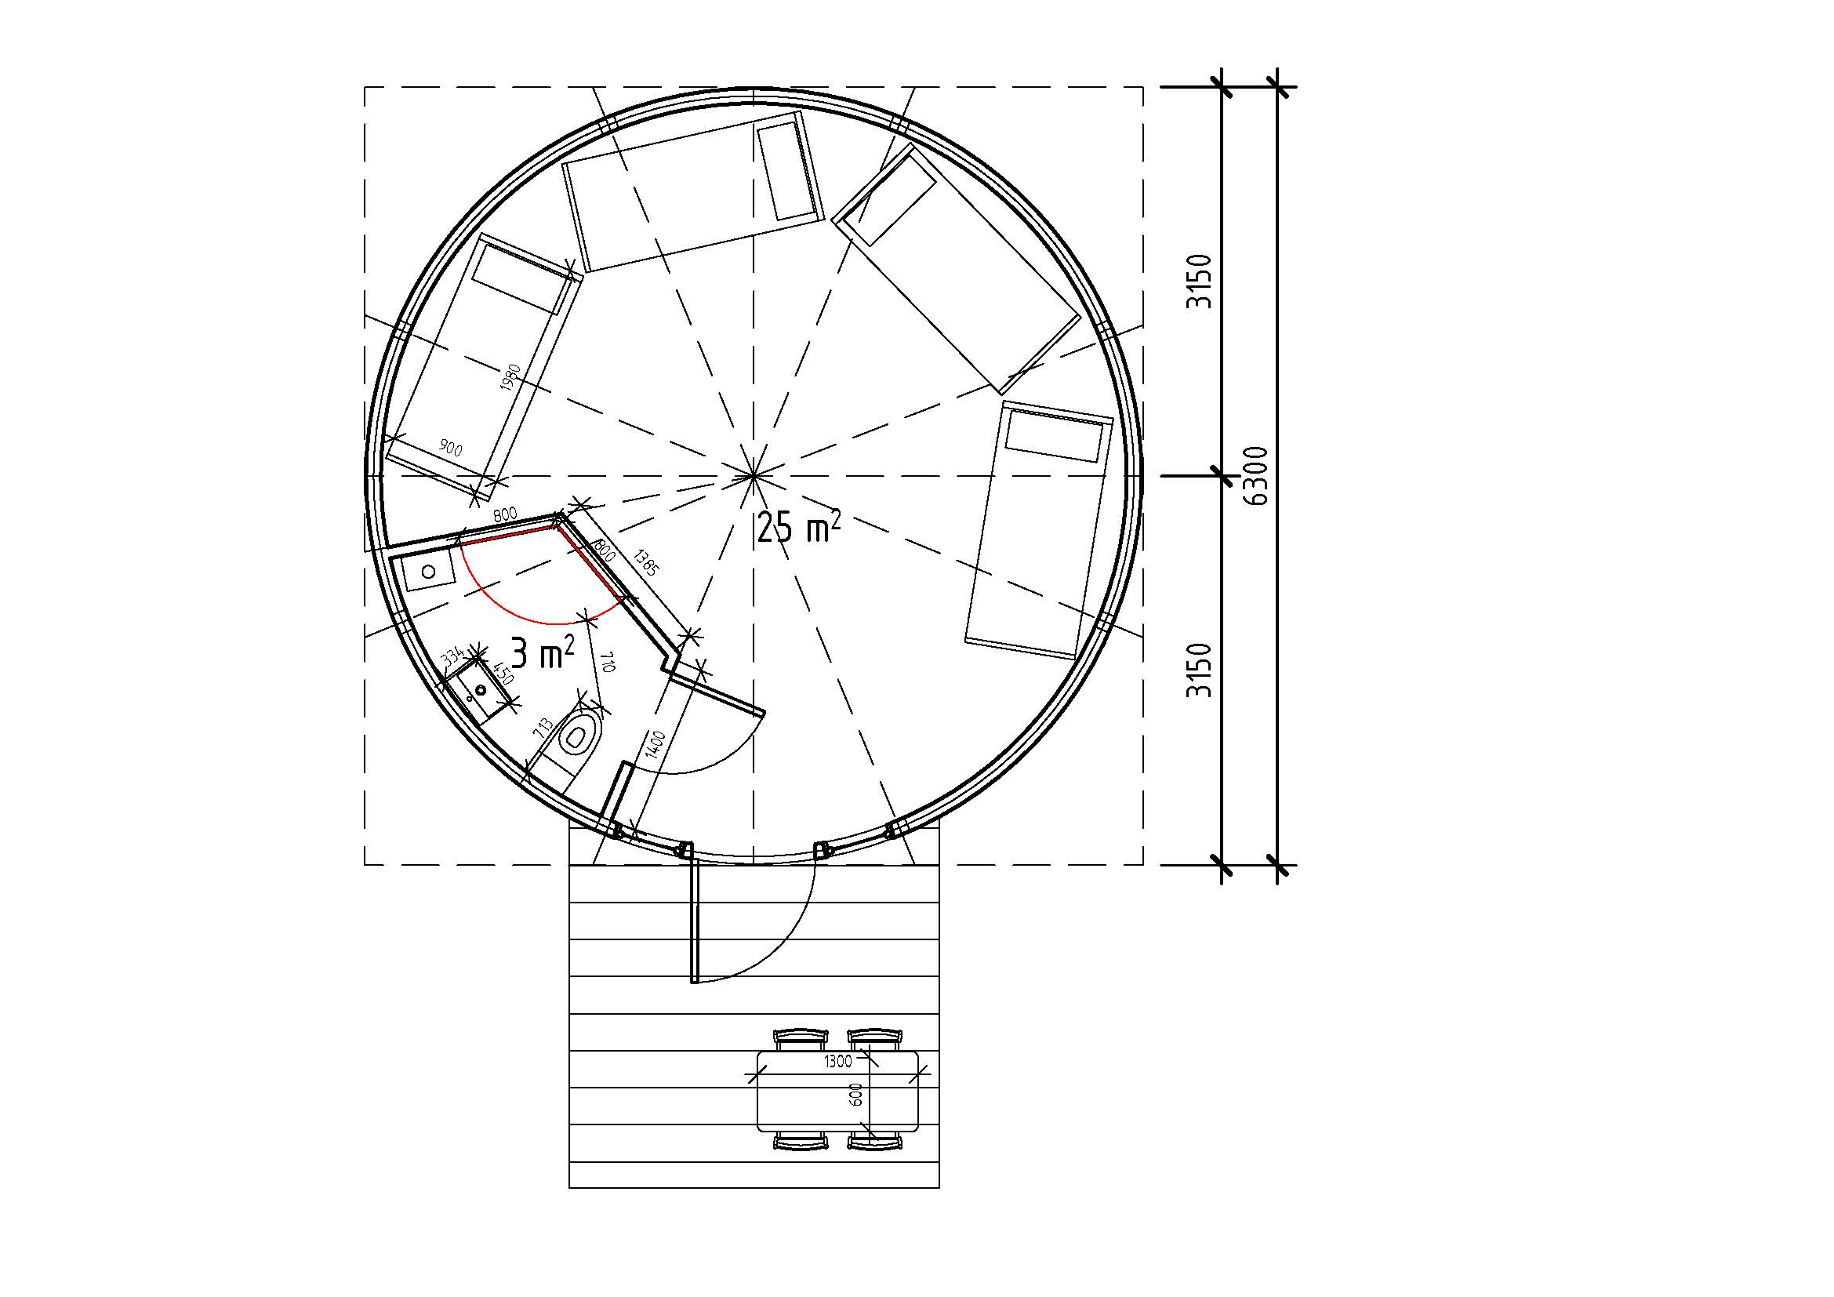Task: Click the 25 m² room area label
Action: [x=798, y=527]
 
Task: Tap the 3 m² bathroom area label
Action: [x=543, y=652]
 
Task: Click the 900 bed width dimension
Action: [x=451, y=448]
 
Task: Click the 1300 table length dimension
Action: [x=838, y=1062]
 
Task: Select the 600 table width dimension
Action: [x=856, y=1094]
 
